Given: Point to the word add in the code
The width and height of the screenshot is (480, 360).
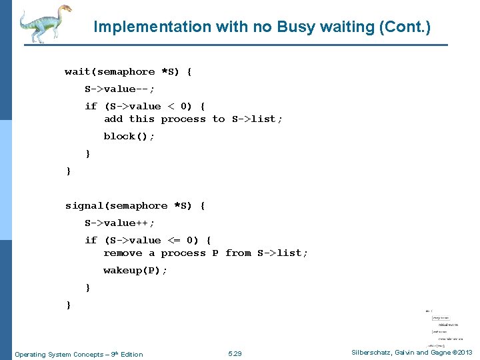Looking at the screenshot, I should tap(113, 119).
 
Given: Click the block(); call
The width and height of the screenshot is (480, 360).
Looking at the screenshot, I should tap(129, 136).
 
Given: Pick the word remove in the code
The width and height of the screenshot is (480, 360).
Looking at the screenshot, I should tap(123, 253).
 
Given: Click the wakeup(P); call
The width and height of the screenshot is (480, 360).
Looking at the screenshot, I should tap(135, 271).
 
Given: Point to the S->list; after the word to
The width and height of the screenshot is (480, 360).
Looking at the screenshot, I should tap(257, 119).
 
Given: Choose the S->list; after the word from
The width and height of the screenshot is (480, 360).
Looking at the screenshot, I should tap(283, 253).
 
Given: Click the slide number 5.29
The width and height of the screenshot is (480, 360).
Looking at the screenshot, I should tap(235, 354).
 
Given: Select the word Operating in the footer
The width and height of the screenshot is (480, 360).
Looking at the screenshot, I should tap(30, 354).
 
